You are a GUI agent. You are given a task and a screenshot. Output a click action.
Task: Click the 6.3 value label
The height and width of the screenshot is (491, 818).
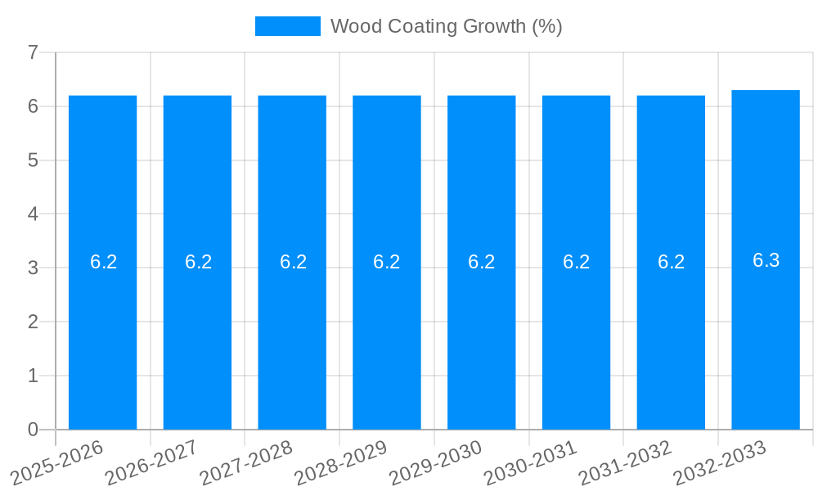(766, 260)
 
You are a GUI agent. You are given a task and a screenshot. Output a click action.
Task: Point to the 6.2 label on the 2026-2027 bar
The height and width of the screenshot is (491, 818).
(198, 262)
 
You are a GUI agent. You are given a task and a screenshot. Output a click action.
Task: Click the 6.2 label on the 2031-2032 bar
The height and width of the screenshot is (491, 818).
(671, 262)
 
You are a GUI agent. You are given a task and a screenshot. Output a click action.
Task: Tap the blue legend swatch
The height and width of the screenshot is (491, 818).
(287, 26)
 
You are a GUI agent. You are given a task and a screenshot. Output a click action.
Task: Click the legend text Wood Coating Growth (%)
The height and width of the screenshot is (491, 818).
(446, 26)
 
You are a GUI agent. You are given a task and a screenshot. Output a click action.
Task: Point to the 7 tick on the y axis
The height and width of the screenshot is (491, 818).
(33, 53)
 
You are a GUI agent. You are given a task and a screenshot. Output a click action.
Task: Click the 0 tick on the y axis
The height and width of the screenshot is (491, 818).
(33, 430)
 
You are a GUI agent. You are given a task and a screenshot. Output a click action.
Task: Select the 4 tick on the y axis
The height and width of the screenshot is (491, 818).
(33, 214)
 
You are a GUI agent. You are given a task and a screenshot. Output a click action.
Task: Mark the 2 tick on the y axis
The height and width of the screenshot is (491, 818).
(33, 322)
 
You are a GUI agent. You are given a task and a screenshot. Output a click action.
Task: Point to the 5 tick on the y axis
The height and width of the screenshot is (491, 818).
(33, 160)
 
